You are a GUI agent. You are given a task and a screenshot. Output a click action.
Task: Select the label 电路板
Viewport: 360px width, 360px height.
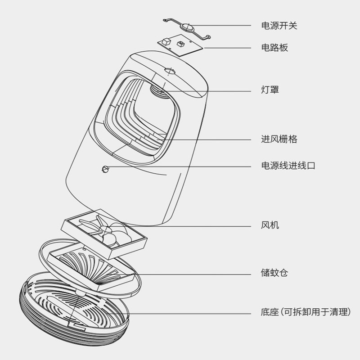pyautogui.click(x=274, y=48)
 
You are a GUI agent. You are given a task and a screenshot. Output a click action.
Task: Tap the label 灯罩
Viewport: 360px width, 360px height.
pyautogui.click(x=270, y=90)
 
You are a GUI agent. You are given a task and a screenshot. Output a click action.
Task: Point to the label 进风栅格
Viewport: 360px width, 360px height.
pyautogui.click(x=279, y=139)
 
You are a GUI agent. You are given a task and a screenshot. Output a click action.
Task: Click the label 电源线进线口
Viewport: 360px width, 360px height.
pyautogui.click(x=288, y=166)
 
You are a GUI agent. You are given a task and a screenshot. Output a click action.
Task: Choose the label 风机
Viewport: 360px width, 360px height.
pyautogui.click(x=270, y=225)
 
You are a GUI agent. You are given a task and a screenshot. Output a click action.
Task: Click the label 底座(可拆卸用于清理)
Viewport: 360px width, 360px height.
pyautogui.click(x=305, y=312)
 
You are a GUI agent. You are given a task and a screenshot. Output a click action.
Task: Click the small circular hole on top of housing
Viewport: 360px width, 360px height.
pyautogui.click(x=170, y=71)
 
